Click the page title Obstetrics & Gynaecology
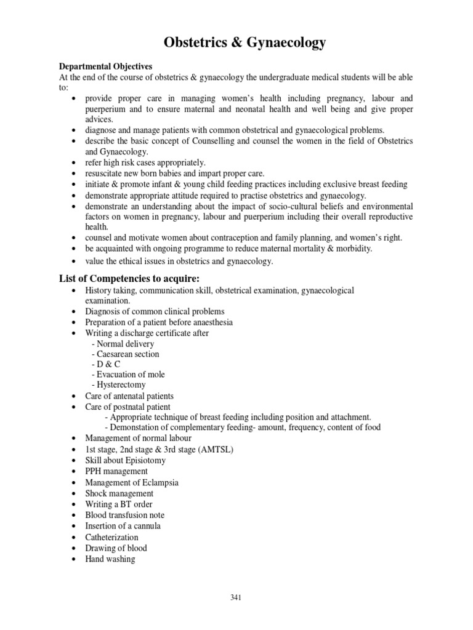click(245, 42)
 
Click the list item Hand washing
click(110, 559)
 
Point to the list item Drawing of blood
click(116, 548)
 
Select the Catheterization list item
click(112, 537)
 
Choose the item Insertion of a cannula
click(123, 526)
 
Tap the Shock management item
click(119, 493)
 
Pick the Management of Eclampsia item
click(132, 482)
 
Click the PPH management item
click(116, 471)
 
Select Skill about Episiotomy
click(126, 460)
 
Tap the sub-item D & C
click(106, 364)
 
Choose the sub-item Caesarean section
click(125, 354)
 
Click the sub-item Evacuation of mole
click(128, 375)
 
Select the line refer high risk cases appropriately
click(145, 162)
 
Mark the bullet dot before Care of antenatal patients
click(73, 397)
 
